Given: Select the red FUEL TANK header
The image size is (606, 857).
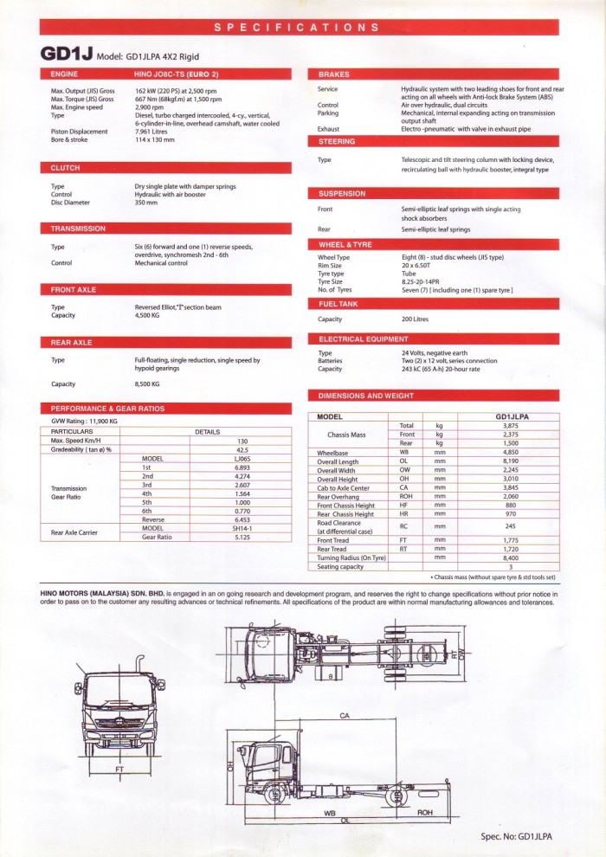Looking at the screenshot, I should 338,305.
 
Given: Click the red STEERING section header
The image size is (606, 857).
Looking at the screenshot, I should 337,141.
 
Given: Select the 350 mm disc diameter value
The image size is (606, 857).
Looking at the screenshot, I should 146,203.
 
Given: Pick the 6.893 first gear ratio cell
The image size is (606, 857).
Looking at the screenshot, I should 242,467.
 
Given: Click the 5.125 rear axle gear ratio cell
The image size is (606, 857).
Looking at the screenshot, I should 242,537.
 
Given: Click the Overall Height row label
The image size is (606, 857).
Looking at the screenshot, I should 338,479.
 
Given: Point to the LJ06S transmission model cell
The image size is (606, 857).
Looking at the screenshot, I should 242,459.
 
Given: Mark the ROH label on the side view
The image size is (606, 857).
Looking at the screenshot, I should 425,813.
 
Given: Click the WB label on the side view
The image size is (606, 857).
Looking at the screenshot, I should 330,813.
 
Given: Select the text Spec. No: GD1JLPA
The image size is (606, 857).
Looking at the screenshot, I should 517,837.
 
